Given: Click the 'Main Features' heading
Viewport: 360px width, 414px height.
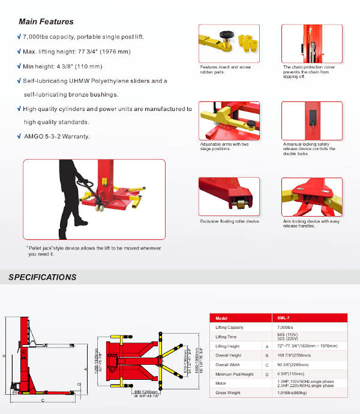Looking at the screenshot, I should (x=46, y=22).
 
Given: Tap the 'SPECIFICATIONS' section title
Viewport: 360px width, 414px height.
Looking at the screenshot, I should (x=42, y=277).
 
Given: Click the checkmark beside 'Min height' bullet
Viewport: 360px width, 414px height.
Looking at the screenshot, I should (x=19, y=66).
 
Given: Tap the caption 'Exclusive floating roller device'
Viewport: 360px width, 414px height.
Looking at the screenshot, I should (x=229, y=221).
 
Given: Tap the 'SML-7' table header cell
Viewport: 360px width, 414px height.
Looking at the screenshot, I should (x=293, y=318).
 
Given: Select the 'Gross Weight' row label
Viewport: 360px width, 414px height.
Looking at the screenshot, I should (x=227, y=392).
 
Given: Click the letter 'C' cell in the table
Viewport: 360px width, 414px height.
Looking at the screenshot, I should (x=266, y=364).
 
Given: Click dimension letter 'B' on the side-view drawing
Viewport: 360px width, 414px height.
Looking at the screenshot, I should (x=4, y=355).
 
